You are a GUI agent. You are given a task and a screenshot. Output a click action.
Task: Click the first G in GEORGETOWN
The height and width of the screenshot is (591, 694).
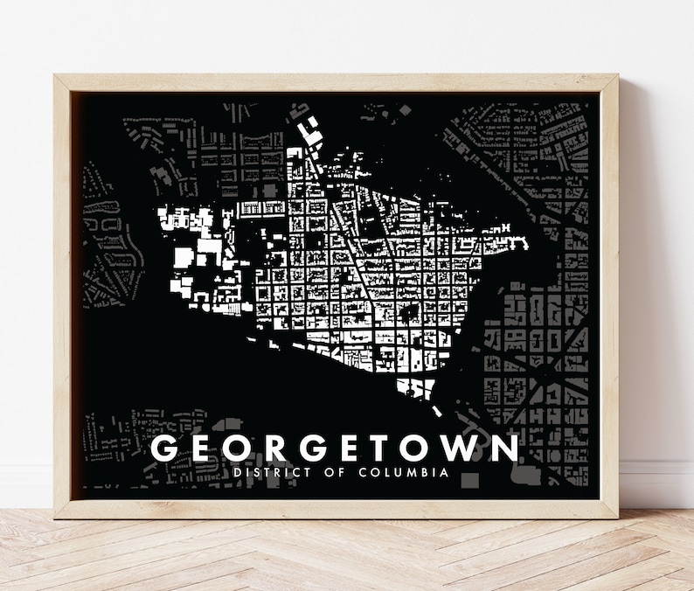tap(167, 448)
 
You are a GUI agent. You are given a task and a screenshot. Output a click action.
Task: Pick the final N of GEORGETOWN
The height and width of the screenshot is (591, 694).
tap(503, 448)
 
